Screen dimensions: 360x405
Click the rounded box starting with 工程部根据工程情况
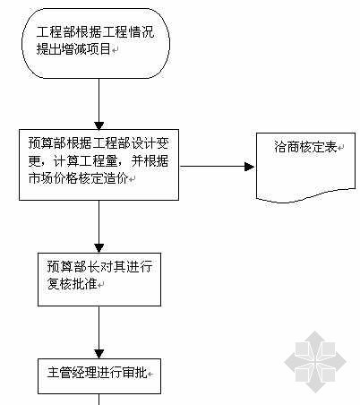tap(96, 43)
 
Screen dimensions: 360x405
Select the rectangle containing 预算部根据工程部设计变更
tap(99, 165)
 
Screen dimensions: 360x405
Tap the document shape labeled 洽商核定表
tap(305, 168)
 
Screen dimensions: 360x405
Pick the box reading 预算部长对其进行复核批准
tap(99, 280)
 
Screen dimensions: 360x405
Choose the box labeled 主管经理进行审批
tap(99, 376)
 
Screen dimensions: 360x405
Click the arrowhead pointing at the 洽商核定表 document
tap(249, 167)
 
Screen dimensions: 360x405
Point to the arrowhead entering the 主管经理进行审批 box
tap(99, 354)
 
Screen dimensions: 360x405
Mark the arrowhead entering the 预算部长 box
tap(99, 248)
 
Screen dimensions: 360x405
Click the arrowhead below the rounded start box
tap(99, 125)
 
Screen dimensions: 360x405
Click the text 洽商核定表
tap(305, 147)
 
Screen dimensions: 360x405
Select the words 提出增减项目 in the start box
tap(73, 49)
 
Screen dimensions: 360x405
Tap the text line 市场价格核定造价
tap(78, 178)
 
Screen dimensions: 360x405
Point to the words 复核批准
tap(73, 283)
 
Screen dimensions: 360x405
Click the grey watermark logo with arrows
tap(315, 362)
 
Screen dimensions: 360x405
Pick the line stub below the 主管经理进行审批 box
tap(99, 400)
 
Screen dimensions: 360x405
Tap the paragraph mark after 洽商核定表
tap(340, 148)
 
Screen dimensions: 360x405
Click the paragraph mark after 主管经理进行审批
tap(150, 374)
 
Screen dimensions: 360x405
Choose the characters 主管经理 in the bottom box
tap(72, 373)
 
